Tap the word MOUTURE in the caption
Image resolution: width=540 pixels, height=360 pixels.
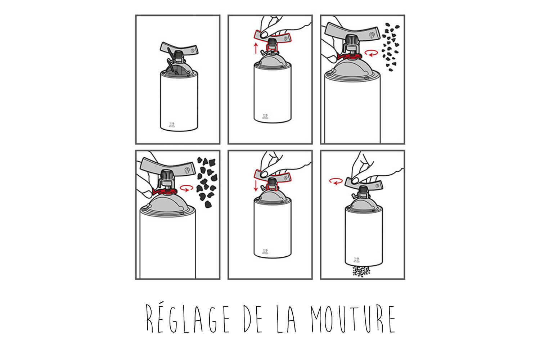pyautogui.click(x=353, y=319)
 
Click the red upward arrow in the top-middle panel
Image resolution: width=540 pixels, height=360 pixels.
pyautogui.click(x=256, y=48)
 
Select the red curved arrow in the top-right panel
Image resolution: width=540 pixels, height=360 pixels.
pyautogui.click(x=372, y=53)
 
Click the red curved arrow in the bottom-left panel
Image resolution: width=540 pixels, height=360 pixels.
pyautogui.click(x=186, y=188)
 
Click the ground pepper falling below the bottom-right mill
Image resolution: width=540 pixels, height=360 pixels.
pyautogui.click(x=361, y=271)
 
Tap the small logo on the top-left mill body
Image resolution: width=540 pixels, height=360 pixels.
pyautogui.click(x=171, y=125)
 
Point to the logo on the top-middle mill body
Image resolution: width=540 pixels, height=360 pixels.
pyautogui.click(x=265, y=117)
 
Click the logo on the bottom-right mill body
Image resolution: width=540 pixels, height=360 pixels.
pyautogui.click(x=356, y=260)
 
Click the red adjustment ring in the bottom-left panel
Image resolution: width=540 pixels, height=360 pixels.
pyautogui.click(x=165, y=192)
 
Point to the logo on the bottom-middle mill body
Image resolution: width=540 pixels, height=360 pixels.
pyautogui.click(x=265, y=252)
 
